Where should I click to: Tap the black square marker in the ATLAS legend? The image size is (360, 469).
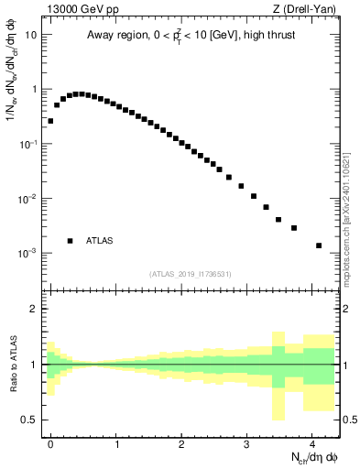70,241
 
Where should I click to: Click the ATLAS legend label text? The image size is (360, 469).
100,241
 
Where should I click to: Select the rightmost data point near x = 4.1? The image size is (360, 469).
319,245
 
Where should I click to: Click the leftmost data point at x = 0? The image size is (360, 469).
50,121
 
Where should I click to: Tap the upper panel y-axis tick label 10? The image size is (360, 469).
31,35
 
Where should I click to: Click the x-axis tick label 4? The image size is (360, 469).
312,442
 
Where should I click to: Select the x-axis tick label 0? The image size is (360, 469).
50,442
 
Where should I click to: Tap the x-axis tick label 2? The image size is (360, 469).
181,442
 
